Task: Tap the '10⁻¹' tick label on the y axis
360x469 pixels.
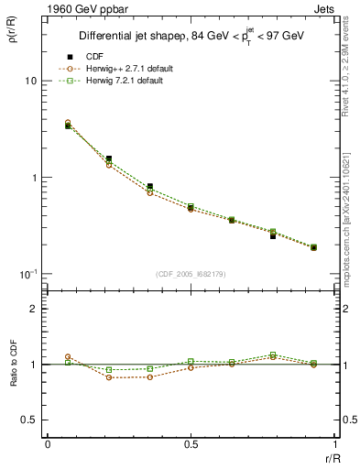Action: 27,274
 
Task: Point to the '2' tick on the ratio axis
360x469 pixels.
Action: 34,310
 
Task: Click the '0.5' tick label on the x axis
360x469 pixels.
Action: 191,444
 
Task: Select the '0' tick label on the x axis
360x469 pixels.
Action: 48,444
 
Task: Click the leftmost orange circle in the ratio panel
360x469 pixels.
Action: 68,356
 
